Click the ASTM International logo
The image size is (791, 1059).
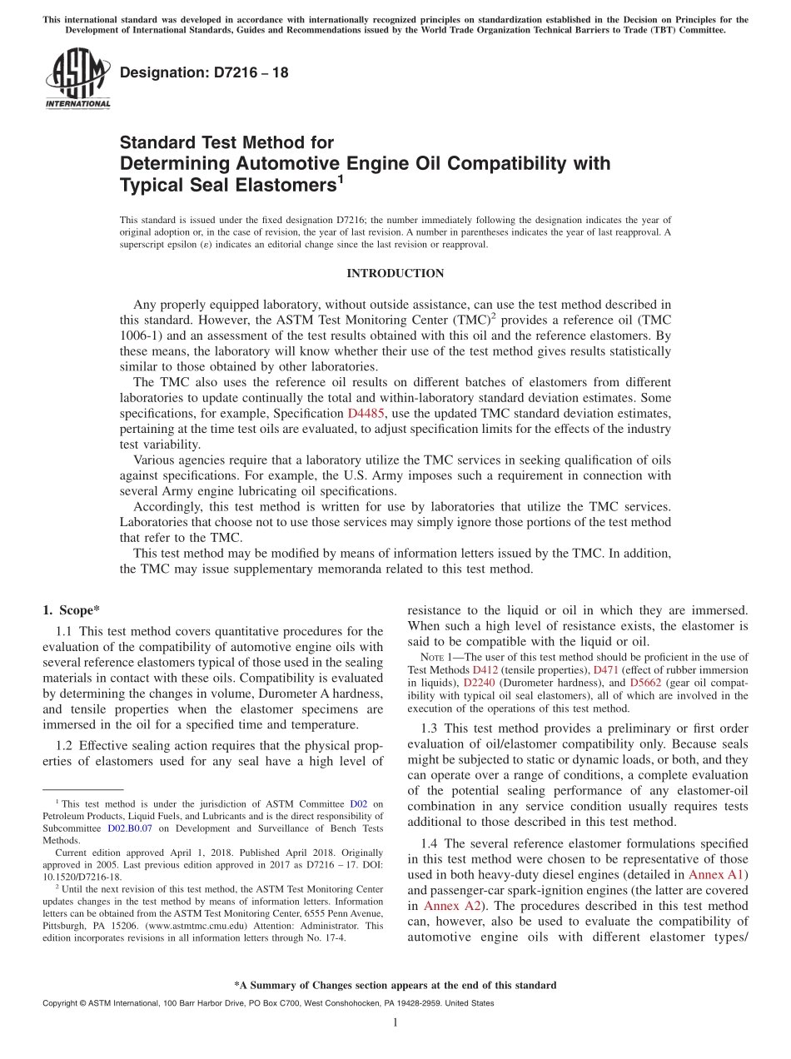pos(77,78)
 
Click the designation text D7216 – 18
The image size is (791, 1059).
pos(204,72)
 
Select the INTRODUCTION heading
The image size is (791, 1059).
pos(395,274)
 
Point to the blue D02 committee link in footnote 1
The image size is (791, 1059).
pos(358,804)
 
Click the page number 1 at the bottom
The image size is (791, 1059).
pos(395,1023)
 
